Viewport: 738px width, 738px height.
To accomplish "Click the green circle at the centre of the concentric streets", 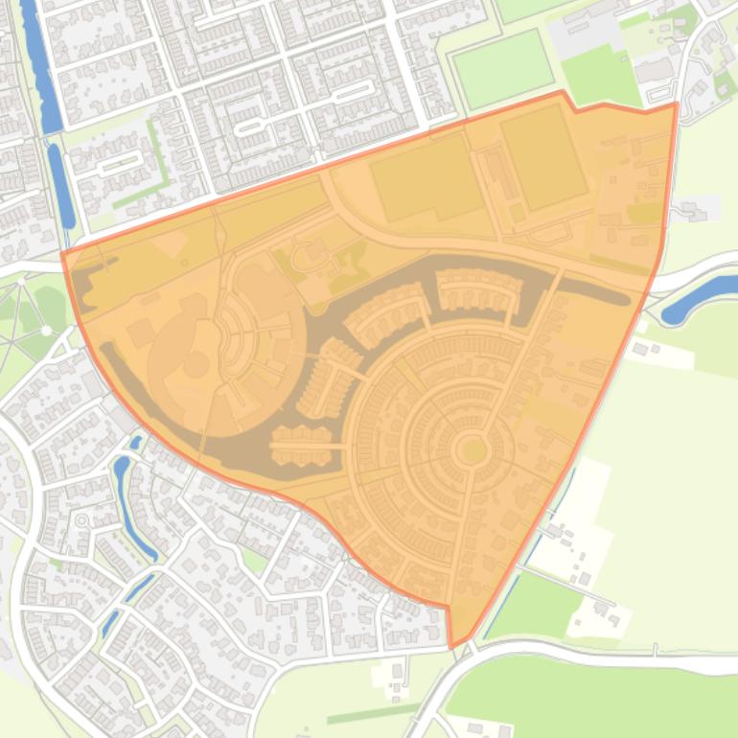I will coord(472,449).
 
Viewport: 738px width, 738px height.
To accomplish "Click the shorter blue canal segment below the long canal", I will coord(61,187).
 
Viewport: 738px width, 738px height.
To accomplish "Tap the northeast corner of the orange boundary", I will coord(677,104).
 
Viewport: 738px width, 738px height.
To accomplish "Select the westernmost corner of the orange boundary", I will coord(63,253).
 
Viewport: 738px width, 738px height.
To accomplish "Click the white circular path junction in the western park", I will coord(45,331).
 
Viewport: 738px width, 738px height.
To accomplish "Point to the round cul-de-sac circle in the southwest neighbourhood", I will coord(81,520).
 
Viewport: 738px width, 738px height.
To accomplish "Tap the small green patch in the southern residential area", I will coord(254,560).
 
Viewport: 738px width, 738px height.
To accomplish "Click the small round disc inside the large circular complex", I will coord(196,364).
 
